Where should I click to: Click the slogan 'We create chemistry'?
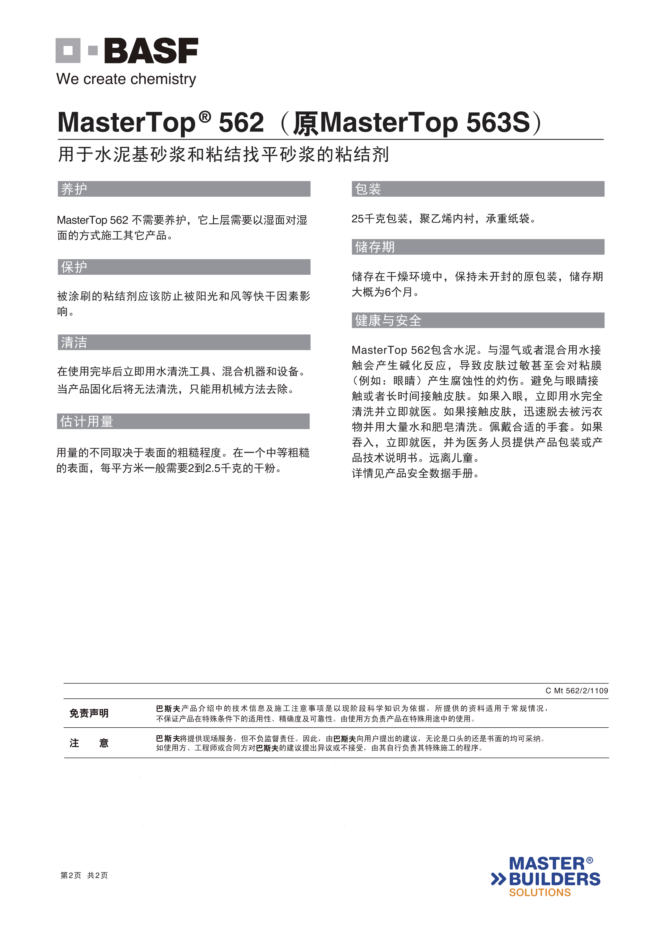tap(126, 79)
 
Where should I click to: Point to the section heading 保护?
tap(74, 267)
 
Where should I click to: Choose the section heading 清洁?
tap(74, 342)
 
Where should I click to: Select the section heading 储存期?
tap(375, 247)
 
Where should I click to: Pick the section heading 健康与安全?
tap(388, 320)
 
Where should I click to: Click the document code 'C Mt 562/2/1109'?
tap(576, 691)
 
